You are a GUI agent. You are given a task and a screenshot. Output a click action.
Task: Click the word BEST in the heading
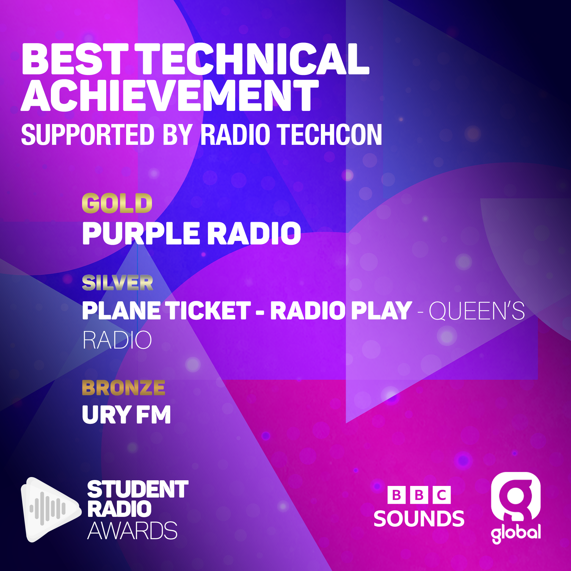[x=75, y=59]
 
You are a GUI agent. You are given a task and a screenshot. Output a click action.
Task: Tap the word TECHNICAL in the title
[x=254, y=59]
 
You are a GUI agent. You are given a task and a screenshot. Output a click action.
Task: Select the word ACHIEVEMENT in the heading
[x=170, y=95]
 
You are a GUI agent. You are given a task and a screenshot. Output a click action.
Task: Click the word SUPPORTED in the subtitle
[x=88, y=135]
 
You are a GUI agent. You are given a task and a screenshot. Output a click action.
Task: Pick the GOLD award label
[x=117, y=203]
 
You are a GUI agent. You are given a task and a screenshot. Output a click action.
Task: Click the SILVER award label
[x=117, y=283]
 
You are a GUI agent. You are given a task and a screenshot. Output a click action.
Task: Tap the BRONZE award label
[x=123, y=388]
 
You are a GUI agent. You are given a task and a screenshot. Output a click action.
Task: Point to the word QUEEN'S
[x=477, y=310]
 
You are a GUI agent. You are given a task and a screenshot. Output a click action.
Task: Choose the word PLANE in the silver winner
[x=121, y=310]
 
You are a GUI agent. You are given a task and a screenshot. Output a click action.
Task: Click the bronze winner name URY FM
[x=126, y=415]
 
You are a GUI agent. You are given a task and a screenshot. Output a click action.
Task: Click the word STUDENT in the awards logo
[x=138, y=490]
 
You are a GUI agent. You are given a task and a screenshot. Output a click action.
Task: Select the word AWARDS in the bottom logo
[x=132, y=531]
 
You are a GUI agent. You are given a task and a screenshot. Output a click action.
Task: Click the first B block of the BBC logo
[x=396, y=495]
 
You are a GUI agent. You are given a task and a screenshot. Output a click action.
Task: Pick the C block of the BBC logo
[x=442, y=495]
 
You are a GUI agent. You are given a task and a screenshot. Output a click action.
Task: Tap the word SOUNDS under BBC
[x=419, y=519]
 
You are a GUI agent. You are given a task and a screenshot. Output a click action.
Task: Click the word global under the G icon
[x=516, y=533]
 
